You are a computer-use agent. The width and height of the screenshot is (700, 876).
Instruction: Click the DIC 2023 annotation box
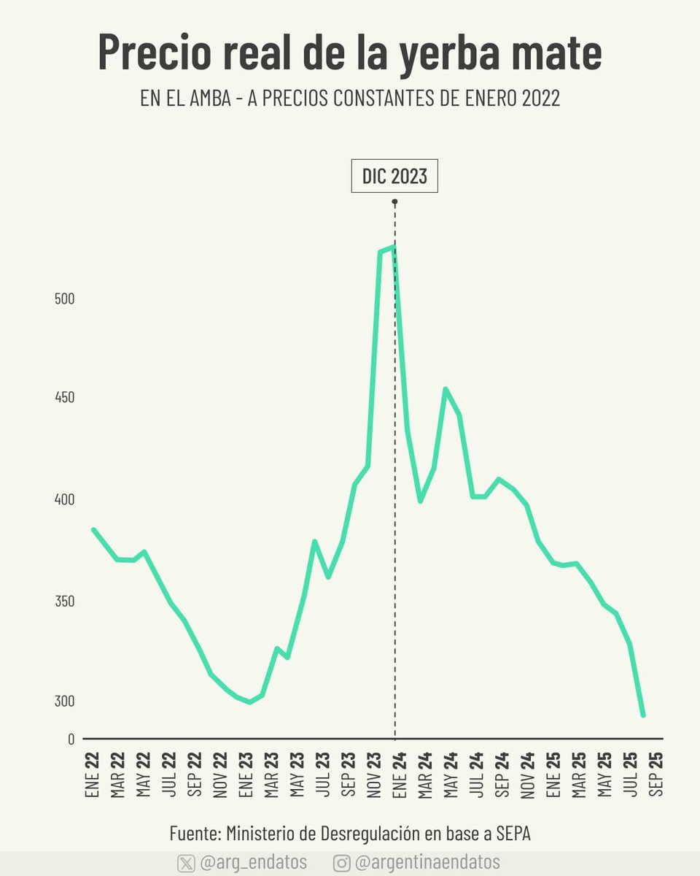click(x=394, y=176)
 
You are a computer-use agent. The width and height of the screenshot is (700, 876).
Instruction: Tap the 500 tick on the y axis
click(x=65, y=299)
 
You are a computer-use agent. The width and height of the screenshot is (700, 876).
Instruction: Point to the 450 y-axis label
click(x=65, y=399)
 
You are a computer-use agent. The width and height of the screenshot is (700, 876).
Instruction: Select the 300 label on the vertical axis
click(x=65, y=701)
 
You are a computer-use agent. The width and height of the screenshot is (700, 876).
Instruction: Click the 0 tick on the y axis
click(x=71, y=739)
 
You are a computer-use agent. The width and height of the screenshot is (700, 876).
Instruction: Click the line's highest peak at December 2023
click(x=394, y=247)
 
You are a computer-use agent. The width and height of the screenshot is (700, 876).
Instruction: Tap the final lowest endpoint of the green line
click(x=643, y=715)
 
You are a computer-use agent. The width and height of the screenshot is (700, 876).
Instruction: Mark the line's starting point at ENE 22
click(x=93, y=529)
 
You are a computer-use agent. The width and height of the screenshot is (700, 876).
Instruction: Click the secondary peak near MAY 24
click(x=446, y=389)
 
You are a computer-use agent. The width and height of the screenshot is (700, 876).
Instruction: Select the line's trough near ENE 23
click(x=250, y=702)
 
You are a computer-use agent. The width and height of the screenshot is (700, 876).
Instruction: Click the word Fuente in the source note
click(x=195, y=833)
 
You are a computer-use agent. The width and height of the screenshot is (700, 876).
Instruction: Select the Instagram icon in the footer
click(x=341, y=863)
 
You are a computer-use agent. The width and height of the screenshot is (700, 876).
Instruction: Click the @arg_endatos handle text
click(x=253, y=863)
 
